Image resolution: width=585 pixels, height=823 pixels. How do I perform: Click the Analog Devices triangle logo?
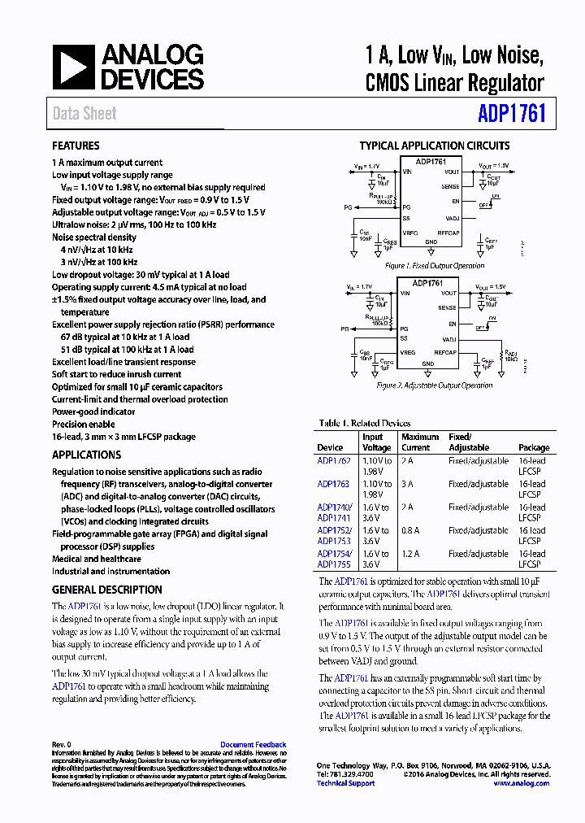73,67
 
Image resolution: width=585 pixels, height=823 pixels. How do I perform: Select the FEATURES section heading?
76,146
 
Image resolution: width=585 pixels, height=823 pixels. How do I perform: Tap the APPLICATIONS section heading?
86,455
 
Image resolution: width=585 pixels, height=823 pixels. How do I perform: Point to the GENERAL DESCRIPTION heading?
107,590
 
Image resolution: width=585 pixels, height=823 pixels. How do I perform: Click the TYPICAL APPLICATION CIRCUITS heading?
435,146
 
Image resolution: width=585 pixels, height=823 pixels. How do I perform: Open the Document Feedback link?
253,745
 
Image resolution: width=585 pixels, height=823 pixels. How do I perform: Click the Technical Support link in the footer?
345,783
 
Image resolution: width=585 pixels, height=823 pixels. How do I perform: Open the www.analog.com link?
521,783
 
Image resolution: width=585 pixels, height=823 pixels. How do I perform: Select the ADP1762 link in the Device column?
334,461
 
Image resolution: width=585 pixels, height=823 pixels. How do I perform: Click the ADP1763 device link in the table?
333,485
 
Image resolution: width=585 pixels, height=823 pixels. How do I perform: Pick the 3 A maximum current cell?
407,485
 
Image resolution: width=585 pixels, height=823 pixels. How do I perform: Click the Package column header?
534,447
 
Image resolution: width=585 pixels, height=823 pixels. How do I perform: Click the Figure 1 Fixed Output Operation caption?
435,266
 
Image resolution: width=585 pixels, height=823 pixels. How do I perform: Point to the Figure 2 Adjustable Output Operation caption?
435,385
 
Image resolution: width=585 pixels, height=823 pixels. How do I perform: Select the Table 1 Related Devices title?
365,424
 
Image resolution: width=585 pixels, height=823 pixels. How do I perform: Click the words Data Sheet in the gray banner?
84,114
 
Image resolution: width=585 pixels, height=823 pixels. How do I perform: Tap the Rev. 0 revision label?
62,745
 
